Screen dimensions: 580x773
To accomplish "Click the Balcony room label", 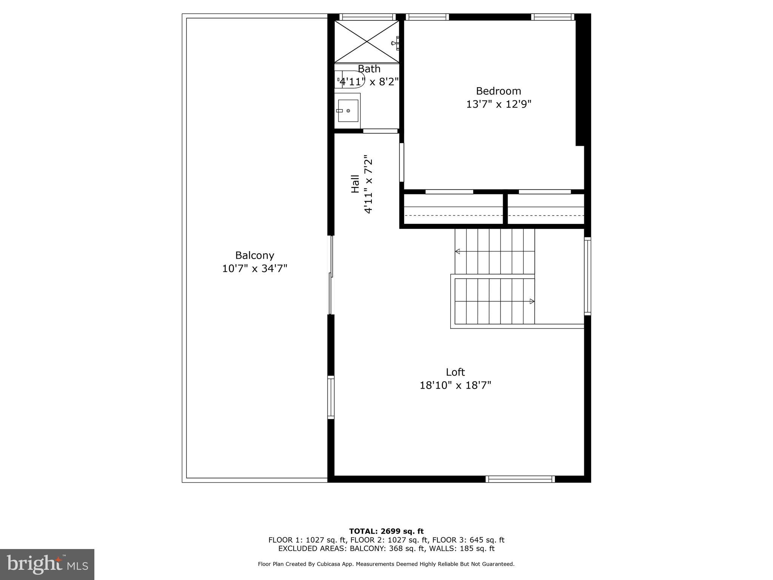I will click(254, 255).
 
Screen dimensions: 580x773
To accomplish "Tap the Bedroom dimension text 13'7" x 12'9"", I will click(499, 104).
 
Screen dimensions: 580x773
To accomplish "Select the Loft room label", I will click(455, 372).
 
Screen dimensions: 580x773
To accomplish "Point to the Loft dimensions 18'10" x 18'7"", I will click(455, 385).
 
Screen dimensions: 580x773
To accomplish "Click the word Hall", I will click(355, 184).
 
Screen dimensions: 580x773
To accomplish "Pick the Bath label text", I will click(369, 69).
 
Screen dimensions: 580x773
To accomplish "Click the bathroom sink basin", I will click(348, 111).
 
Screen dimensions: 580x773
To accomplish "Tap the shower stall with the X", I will click(366, 42).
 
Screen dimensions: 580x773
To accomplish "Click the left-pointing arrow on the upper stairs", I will click(457, 251).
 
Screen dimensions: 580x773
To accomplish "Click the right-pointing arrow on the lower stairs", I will click(532, 301).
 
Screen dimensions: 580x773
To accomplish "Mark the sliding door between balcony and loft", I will click(331, 275).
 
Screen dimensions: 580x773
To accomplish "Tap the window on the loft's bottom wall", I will click(520, 479).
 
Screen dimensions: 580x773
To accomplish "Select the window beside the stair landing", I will click(587, 276).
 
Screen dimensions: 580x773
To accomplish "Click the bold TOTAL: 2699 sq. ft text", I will click(386, 531).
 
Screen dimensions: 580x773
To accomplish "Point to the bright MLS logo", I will click(47, 564).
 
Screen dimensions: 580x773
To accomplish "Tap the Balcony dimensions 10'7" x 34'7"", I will click(254, 268).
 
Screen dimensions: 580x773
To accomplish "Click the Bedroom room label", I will click(498, 91).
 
